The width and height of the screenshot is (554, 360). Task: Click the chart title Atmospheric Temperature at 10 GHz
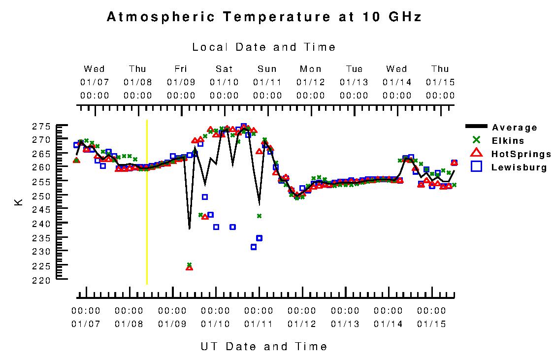[x=264, y=17]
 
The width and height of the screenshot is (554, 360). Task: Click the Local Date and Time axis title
[x=264, y=47]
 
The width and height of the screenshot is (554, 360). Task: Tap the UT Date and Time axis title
[x=264, y=346]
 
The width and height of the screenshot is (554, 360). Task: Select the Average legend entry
[x=515, y=128]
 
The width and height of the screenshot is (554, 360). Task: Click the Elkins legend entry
[x=508, y=141]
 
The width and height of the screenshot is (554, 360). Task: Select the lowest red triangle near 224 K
[x=189, y=267]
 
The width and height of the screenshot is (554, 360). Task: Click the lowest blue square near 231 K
[x=254, y=247]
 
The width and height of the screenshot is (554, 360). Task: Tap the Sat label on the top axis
[x=224, y=69]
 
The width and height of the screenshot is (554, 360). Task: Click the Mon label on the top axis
[x=311, y=69]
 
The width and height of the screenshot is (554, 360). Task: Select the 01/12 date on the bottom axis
[x=302, y=324]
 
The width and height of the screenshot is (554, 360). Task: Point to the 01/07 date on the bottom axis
[x=86, y=324]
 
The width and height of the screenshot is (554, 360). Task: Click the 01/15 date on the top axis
[x=440, y=82]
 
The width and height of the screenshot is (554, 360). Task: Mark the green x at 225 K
[x=189, y=264]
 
